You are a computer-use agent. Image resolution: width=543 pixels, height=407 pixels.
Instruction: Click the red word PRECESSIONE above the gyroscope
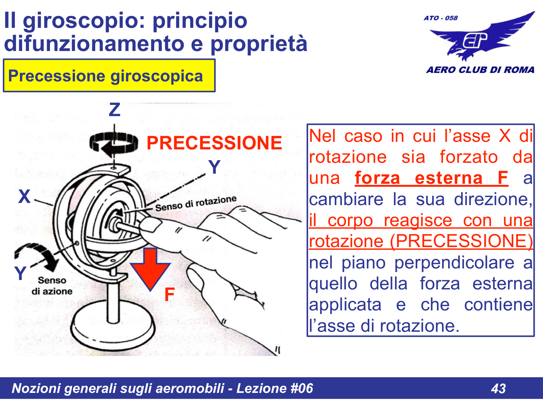214,143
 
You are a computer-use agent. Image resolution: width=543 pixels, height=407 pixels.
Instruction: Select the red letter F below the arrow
169,294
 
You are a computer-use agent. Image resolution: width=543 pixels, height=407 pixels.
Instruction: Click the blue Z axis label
114,110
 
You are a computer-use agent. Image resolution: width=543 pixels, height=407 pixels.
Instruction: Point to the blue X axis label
24,196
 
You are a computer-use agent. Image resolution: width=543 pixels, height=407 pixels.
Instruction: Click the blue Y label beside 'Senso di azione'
20,273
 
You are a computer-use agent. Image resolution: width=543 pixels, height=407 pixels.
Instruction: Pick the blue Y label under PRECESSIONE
214,167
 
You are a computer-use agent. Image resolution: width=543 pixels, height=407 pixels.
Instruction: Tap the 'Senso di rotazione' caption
196,204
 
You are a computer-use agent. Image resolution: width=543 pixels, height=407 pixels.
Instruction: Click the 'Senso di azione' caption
52,286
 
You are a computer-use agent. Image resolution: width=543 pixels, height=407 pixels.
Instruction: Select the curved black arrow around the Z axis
114,144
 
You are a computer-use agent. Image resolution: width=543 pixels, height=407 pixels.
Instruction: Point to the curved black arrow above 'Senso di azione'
38,255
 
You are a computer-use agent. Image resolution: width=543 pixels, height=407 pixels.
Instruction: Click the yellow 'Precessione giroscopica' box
109,76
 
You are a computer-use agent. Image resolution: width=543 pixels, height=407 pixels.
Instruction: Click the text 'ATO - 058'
441,18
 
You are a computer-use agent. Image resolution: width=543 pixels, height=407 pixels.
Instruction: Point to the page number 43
498,389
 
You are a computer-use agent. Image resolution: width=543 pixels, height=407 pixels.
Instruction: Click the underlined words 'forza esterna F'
431,178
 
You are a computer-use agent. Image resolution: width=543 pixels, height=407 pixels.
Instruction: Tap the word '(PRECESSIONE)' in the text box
461,241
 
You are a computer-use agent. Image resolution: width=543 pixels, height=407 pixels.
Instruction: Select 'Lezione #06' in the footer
274,388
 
